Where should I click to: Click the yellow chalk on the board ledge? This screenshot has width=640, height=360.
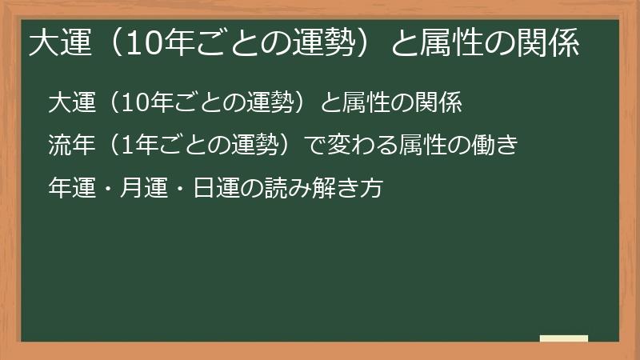564,338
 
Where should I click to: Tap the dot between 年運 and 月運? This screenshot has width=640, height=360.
108,189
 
